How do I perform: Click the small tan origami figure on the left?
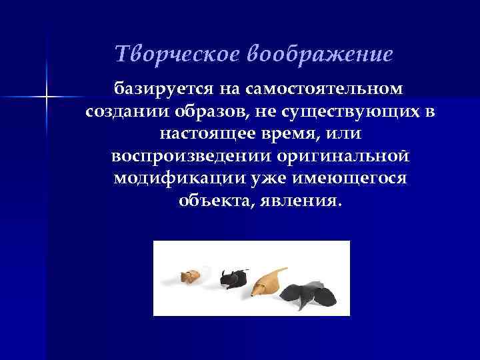click(x=191, y=275)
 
